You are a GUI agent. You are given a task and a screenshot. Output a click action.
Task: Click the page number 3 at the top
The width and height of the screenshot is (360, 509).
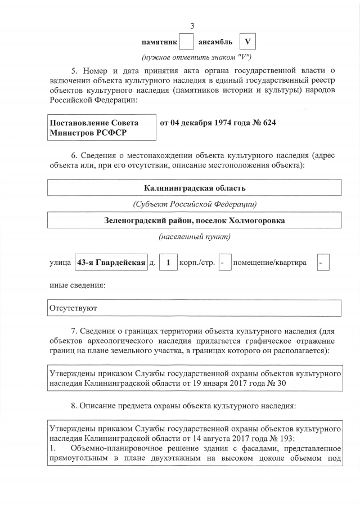click(x=193, y=26)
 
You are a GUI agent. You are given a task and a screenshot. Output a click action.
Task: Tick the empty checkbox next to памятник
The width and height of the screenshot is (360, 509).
click(x=186, y=42)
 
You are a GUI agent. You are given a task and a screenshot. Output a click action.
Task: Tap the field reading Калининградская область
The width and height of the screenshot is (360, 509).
click(x=195, y=187)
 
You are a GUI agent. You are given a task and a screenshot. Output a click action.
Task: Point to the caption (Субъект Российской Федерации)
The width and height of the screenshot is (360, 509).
click(x=195, y=204)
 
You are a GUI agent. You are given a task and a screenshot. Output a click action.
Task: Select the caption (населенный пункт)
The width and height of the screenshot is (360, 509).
click(x=195, y=237)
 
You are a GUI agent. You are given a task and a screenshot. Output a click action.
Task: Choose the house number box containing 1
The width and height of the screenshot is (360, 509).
click(x=168, y=263)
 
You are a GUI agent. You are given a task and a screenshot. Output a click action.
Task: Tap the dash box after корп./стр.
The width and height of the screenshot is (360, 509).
click(x=224, y=263)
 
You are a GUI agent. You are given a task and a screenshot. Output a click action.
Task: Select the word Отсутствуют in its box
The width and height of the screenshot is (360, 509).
click(x=74, y=308)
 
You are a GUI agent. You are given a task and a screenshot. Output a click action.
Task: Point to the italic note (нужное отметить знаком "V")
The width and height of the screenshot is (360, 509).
click(x=195, y=58)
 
